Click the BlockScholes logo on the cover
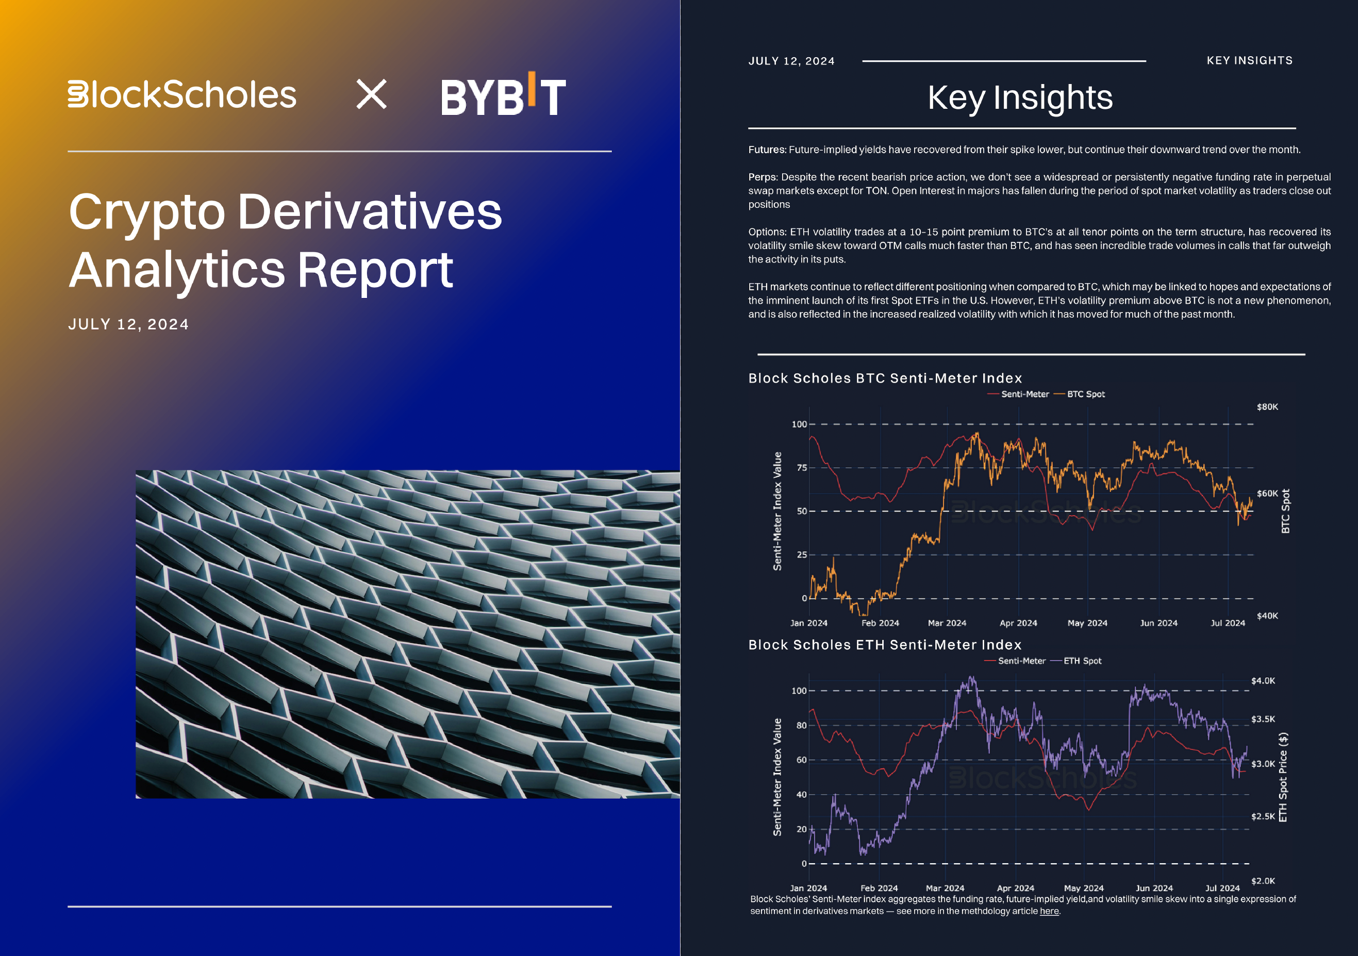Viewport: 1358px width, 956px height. click(182, 95)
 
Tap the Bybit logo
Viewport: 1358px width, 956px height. click(503, 95)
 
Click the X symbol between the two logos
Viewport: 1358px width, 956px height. click(371, 95)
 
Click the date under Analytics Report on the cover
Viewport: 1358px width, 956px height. click(128, 324)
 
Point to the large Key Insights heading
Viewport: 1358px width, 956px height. click(1020, 97)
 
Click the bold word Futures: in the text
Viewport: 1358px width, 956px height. click(767, 150)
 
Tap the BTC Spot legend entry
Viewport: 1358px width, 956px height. click(1085, 394)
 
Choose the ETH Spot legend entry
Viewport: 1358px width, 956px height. click(1082, 661)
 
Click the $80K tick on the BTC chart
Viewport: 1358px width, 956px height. click(1267, 407)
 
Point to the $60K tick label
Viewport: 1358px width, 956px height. click(1267, 493)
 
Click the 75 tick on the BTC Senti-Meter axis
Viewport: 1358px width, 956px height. click(801, 468)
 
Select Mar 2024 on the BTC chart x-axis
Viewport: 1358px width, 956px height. click(947, 623)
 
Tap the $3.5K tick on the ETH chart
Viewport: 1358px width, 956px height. click(1263, 719)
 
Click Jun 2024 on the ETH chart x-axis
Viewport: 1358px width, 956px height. click(1154, 888)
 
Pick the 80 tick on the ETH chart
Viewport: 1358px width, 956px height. click(801, 726)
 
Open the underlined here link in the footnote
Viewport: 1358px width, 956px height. click(1049, 911)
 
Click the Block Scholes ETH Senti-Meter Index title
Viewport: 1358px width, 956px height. click(885, 645)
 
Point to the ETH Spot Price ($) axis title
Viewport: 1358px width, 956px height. click(1283, 778)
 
